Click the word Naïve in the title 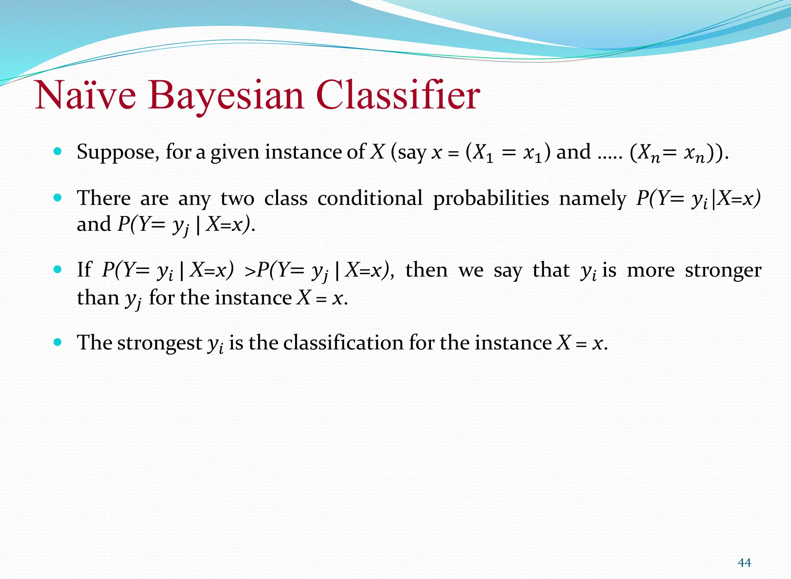[x=86, y=95]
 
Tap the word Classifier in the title [x=398, y=95]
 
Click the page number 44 [x=744, y=562]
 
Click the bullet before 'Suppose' [x=58, y=151]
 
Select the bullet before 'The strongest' [x=58, y=342]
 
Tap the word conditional [x=370, y=198]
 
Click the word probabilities [x=491, y=198]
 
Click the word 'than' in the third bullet [x=98, y=298]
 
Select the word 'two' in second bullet [x=238, y=198]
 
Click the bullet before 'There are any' [x=58, y=198]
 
